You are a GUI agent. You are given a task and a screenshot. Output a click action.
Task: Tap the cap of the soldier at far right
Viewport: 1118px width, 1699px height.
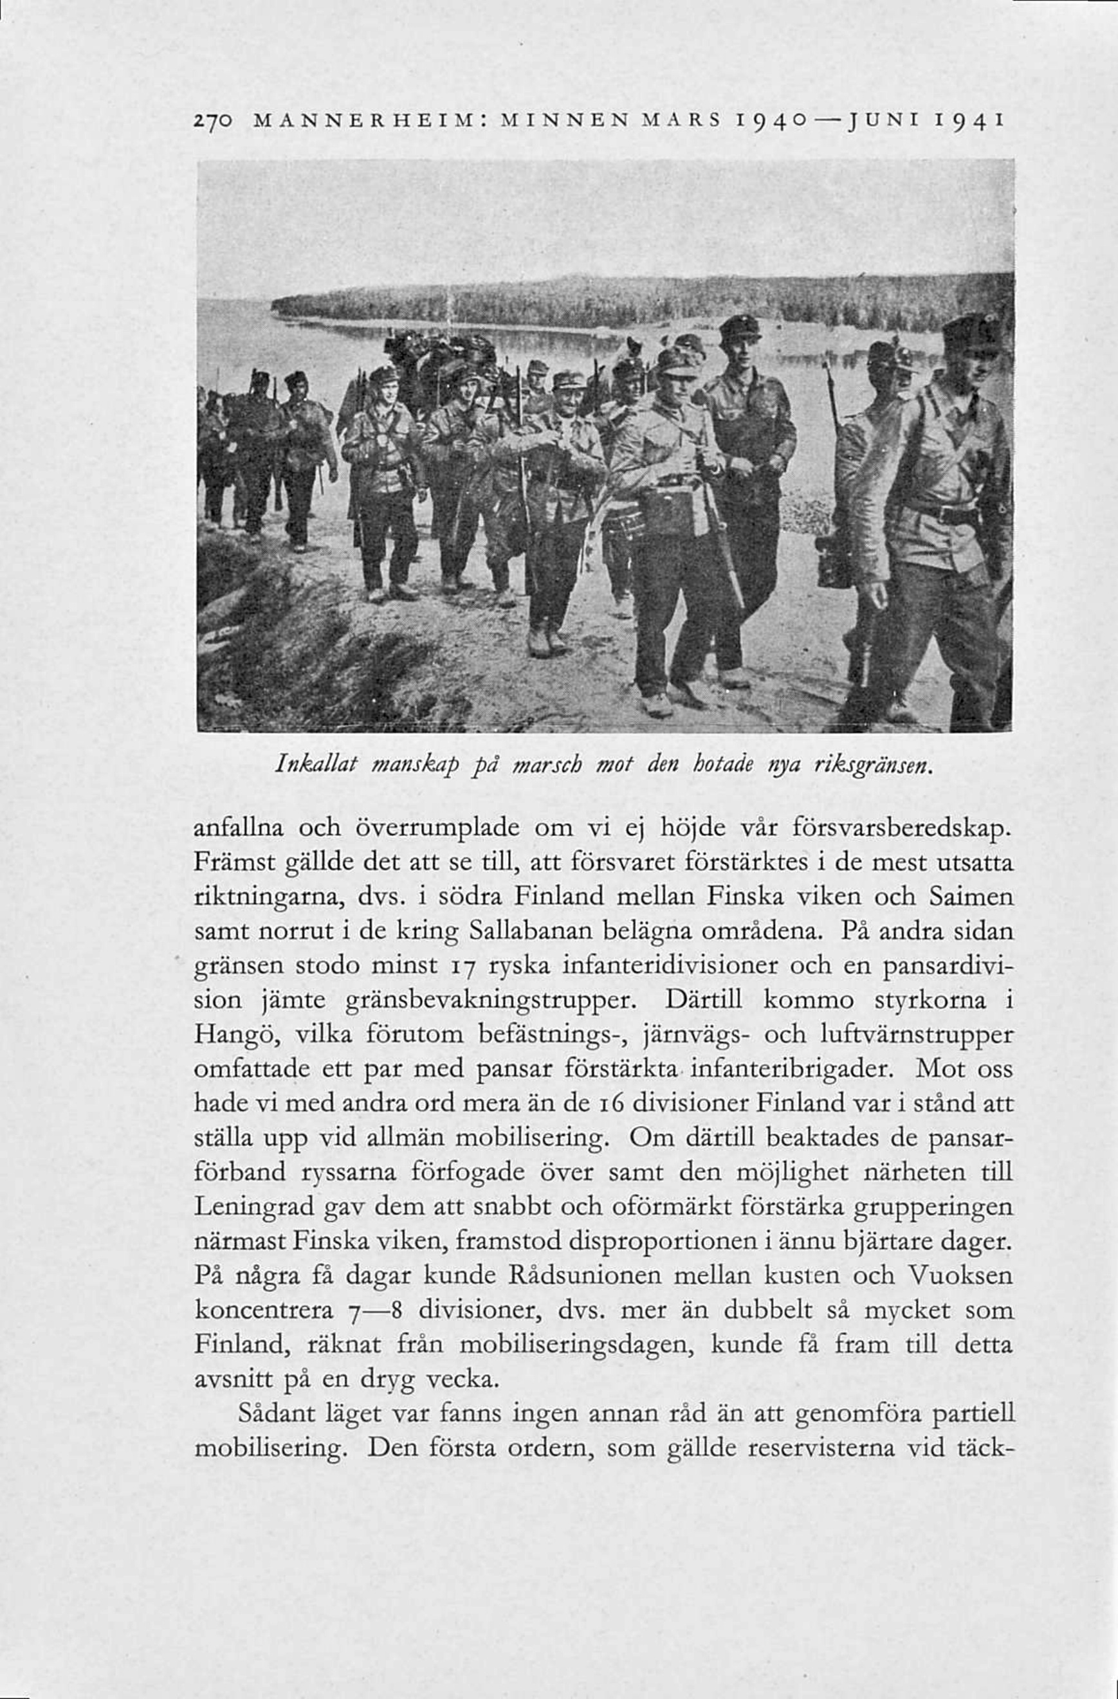(970, 332)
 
